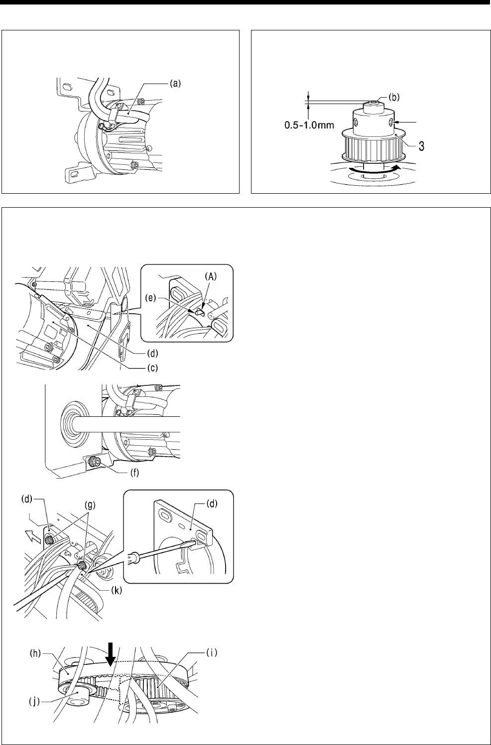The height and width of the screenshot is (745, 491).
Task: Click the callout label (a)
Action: [174, 84]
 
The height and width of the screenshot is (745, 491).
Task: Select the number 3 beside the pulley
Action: [420, 146]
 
